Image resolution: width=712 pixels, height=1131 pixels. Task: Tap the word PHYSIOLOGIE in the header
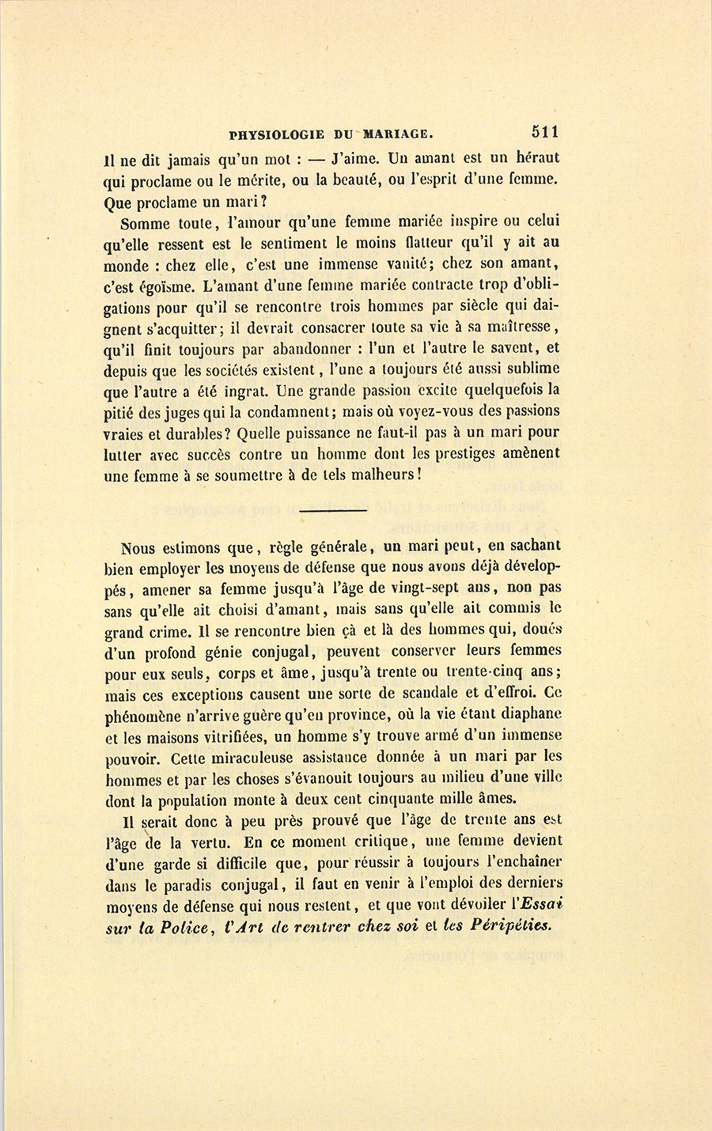point(275,134)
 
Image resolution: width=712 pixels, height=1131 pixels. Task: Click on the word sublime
point(528,368)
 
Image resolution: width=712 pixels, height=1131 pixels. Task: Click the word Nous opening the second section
point(140,547)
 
